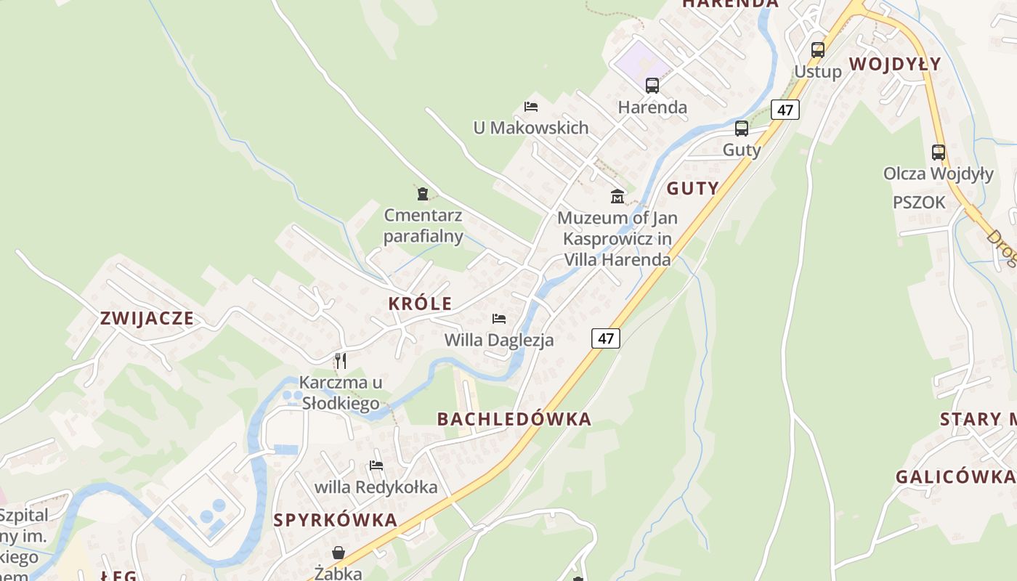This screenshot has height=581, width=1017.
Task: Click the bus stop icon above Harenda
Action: pos(652,86)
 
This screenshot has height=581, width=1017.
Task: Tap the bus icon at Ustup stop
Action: pos(818,50)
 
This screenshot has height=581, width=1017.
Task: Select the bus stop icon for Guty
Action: pos(742,129)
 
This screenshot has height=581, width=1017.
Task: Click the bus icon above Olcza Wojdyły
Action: pos(939,153)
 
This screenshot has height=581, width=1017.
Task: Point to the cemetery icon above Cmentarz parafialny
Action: pos(423,193)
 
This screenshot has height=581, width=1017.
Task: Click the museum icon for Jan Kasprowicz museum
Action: pos(617,196)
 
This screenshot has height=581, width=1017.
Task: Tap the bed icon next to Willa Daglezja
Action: pos(499,319)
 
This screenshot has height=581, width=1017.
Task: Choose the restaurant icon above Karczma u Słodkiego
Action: pos(340,360)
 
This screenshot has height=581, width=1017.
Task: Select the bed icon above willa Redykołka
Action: pos(376,466)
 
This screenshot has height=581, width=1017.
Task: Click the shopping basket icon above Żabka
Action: pos(339,553)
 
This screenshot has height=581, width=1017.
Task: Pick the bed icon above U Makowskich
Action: pos(531,107)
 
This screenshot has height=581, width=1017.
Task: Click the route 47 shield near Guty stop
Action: pos(785,110)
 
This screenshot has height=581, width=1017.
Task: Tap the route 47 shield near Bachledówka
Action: pos(606,338)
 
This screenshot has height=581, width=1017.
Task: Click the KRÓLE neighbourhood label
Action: pos(420,304)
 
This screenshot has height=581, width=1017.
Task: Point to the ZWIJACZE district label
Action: pos(147,318)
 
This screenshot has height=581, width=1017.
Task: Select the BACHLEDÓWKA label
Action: pos(514,419)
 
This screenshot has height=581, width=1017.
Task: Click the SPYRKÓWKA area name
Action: pos(336,520)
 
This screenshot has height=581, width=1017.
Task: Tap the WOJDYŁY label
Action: pos(895,64)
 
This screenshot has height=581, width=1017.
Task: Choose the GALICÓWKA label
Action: pos(955,477)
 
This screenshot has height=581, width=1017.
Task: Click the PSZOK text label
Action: pos(919,203)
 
